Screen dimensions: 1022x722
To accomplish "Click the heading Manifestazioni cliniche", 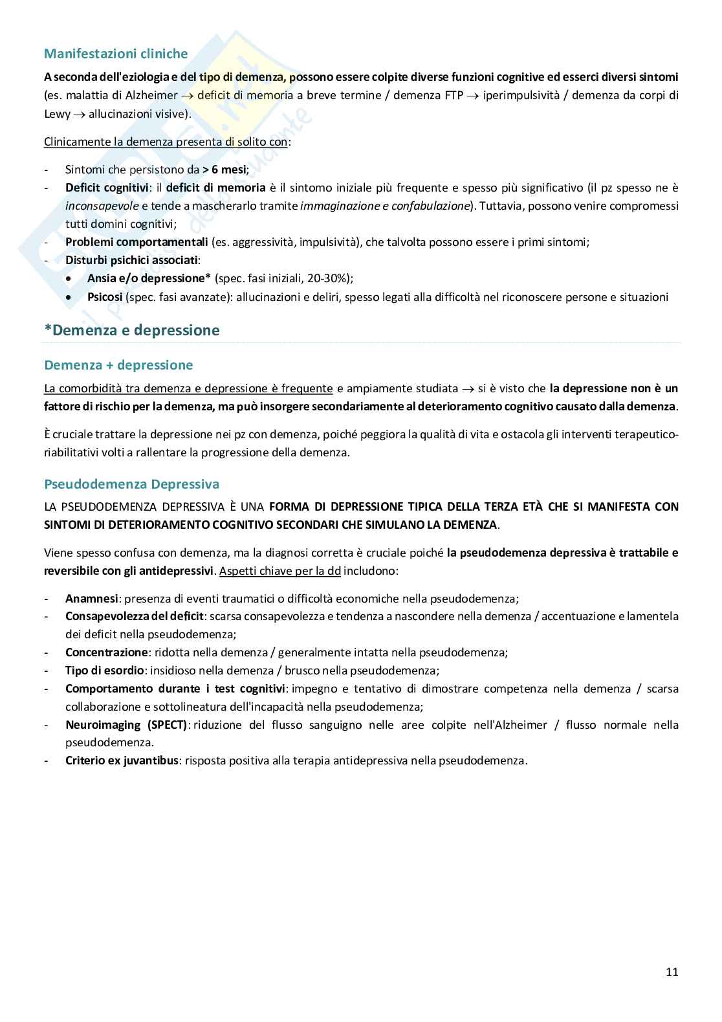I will point(116,54).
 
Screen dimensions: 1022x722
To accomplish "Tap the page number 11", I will point(672,972).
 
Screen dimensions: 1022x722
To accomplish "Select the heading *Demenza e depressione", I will point(132,331).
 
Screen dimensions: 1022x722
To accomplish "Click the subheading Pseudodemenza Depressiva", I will point(131,484).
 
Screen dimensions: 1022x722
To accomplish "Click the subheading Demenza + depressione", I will point(118,365).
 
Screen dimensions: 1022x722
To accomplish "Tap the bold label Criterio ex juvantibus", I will point(122,761).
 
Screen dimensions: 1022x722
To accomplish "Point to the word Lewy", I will point(56,114).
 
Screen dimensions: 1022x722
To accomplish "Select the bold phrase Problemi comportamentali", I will point(137,242).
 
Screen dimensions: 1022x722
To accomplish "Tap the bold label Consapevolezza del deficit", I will point(135,616).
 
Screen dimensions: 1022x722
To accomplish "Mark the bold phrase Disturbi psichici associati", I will point(131,260).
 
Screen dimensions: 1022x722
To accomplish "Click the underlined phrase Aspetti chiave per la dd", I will point(279,572).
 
